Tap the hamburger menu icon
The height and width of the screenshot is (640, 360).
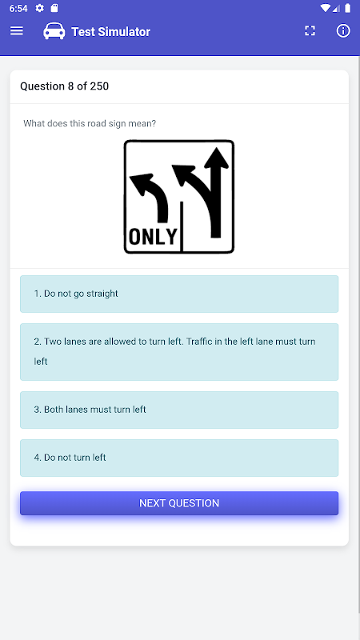[x=16, y=31]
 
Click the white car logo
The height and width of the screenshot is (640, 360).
[x=54, y=31]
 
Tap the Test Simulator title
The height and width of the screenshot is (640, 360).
[x=110, y=31]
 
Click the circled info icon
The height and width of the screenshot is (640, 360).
[x=343, y=30]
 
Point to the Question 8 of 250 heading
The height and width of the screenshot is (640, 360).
[x=65, y=86]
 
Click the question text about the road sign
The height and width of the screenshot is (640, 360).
[x=90, y=123]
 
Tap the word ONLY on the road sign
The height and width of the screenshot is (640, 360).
[x=153, y=236]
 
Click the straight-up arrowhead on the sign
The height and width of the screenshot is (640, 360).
[x=216, y=158]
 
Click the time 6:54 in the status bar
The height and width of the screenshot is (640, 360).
[x=18, y=8]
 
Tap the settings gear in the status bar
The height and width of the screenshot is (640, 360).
[x=39, y=8]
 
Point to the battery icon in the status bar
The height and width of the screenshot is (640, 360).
[x=347, y=8]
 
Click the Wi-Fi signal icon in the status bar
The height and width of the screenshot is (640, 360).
[x=326, y=8]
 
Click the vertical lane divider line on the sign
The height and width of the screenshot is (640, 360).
[x=182, y=226]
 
